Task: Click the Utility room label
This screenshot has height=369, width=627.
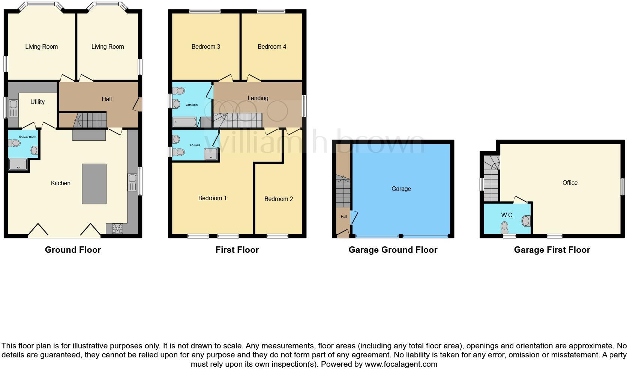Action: pos(37,102)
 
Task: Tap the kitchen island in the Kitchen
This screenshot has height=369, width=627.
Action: pos(94,184)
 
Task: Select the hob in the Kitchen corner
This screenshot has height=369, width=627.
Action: pos(117,228)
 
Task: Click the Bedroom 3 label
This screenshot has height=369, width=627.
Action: pos(205,46)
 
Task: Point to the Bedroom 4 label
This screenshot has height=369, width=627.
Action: pos(271,46)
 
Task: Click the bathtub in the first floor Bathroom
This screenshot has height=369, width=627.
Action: pos(184,122)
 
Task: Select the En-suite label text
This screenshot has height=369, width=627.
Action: pos(195,145)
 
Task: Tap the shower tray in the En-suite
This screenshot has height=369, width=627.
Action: pos(211,154)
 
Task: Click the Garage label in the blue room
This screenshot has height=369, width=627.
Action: pos(401,189)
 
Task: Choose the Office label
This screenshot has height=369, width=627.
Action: pos(570,183)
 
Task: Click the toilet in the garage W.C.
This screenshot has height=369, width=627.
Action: pos(504,227)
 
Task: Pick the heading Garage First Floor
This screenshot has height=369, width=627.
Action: pos(552,250)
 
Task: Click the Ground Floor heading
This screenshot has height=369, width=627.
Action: pos(73,250)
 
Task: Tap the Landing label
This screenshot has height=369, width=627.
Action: pos(258,98)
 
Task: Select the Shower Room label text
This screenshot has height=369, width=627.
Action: pos(28,137)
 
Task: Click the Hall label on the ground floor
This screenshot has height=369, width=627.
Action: pos(106,99)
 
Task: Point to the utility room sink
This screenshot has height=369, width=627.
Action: pos(13,108)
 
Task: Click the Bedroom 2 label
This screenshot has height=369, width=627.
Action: pos(278,199)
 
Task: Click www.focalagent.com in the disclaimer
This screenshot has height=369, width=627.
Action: pos(401,364)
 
